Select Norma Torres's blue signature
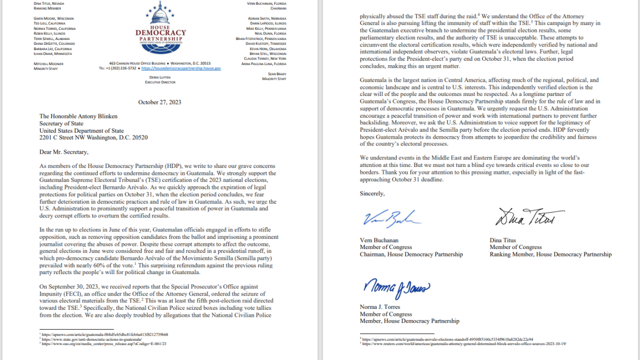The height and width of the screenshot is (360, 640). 395,289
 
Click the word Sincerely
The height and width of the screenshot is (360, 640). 372,193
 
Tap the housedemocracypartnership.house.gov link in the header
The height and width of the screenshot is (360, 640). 181,68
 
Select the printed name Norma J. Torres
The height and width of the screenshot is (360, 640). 379,307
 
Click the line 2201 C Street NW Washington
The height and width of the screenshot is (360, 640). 93,138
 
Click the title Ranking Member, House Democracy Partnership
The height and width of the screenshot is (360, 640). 550,254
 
